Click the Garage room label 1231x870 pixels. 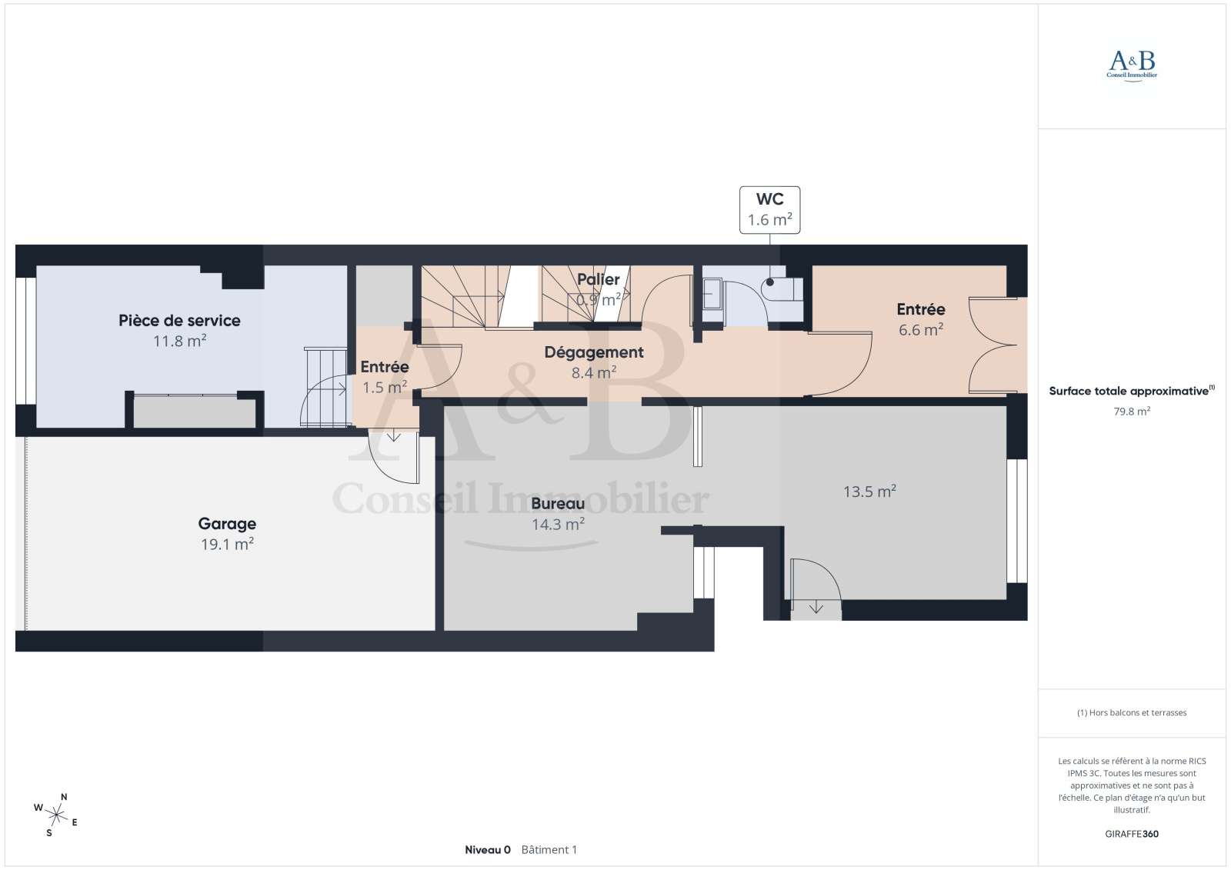(227, 524)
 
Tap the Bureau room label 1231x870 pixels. (558, 503)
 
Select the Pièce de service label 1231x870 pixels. (180, 321)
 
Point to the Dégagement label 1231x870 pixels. (594, 352)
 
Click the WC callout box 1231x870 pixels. (769, 210)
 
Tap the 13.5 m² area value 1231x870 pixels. (870, 491)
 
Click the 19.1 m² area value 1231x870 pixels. (227, 544)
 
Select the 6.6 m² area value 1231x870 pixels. (921, 329)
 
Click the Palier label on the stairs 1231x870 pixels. (599, 279)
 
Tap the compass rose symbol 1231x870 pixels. (56, 815)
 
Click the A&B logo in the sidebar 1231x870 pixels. (1132, 65)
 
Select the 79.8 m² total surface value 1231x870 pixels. (1132, 411)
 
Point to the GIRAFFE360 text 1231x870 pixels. (1132, 834)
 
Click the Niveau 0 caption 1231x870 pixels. (488, 850)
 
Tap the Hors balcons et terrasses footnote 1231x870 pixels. (1132, 713)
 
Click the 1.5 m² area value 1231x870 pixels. (385, 387)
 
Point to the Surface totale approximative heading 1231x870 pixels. (1132, 391)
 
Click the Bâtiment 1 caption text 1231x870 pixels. (549, 850)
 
